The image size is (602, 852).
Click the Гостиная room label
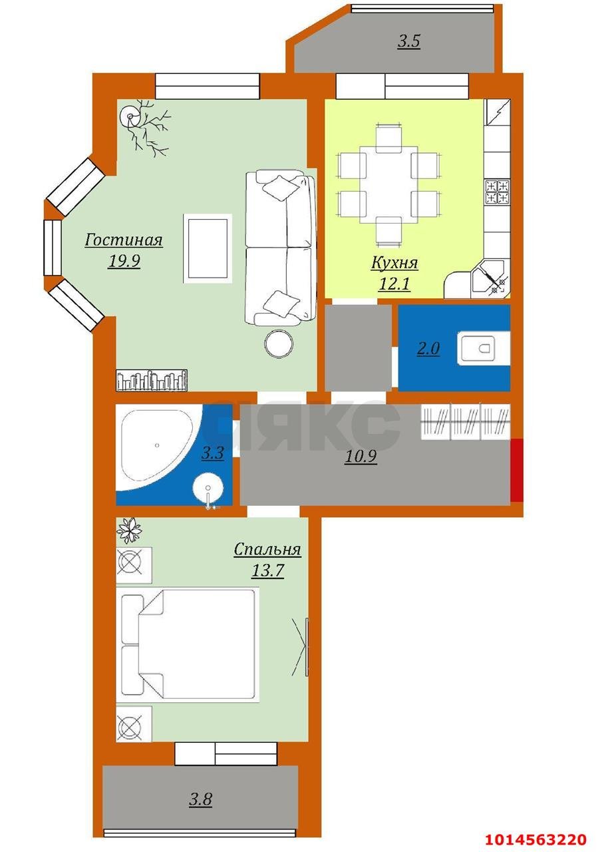coord(124,240)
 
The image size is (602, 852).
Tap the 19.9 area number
coord(124,262)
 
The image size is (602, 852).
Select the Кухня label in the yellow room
coord(394,263)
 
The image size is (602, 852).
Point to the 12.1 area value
coord(394,284)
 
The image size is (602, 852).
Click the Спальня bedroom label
coord(267,549)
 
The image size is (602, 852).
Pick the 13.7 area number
coord(268,570)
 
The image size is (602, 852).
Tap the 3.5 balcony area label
coord(409,41)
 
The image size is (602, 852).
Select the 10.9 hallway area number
coord(361,457)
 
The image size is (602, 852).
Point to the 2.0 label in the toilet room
coord(428,348)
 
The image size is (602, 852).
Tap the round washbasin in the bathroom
coord(208,488)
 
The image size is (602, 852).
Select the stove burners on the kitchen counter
coord(497,192)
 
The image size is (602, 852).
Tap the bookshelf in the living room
coord(152,379)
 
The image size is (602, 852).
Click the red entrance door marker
coord(516,470)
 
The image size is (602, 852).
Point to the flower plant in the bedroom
coord(129,530)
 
